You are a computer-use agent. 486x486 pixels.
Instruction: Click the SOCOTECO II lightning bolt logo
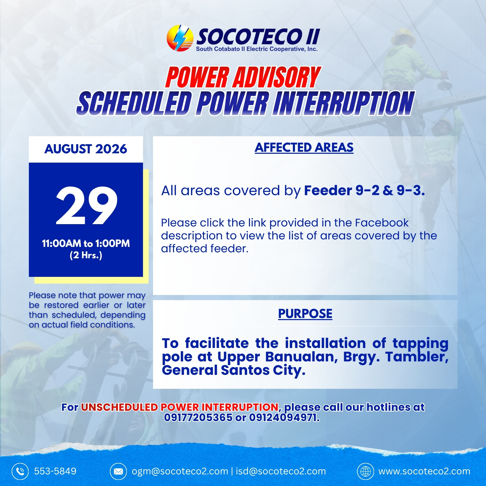click(x=180, y=38)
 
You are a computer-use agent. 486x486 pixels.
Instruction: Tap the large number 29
click(x=87, y=205)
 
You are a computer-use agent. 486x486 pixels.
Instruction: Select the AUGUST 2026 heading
click(x=86, y=149)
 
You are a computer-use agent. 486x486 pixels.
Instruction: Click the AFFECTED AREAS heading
click(x=304, y=148)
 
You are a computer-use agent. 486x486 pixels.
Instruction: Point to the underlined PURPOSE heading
click(x=305, y=314)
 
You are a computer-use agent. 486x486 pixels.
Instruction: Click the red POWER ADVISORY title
click(x=243, y=77)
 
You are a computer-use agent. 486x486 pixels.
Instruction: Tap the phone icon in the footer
click(x=20, y=471)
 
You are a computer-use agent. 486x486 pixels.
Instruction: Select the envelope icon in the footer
click(x=118, y=471)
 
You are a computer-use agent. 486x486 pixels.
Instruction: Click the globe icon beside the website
click(x=366, y=471)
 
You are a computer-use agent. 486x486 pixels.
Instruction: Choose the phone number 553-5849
click(x=55, y=471)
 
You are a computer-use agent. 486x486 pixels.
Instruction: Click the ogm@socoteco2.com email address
click(x=180, y=471)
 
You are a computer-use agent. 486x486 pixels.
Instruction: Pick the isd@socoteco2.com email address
click(x=281, y=471)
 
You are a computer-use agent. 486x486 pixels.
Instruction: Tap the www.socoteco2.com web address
click(x=424, y=471)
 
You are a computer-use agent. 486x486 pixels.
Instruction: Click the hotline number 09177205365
click(x=198, y=417)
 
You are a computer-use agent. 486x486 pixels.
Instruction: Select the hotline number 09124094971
click(x=284, y=417)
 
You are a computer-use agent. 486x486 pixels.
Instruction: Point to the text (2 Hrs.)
click(x=86, y=255)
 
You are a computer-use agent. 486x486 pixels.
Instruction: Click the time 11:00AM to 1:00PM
click(x=86, y=244)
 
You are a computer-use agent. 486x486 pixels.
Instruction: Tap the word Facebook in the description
click(x=382, y=223)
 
